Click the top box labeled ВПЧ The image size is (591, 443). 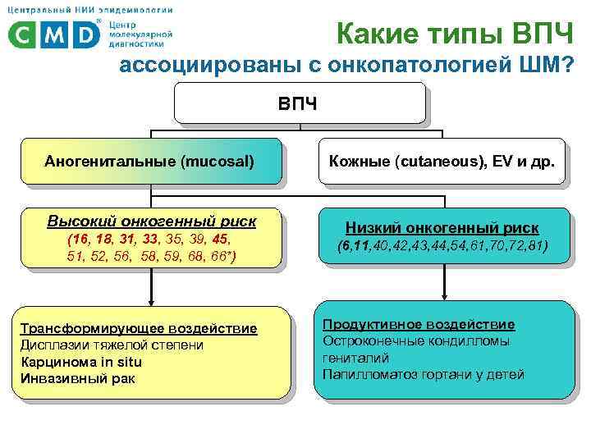click(x=300, y=104)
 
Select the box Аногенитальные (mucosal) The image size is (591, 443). click(x=149, y=160)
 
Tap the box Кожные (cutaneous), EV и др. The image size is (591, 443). click(x=441, y=160)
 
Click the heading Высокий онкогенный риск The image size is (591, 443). click(x=151, y=221)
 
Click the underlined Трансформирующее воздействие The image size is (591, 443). click(x=138, y=329)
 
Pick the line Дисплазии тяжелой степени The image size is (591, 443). click(x=112, y=345)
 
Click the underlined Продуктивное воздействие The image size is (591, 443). click(x=419, y=324)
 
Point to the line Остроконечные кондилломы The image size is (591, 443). click(x=416, y=341)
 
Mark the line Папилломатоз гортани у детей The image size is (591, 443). click(x=423, y=375)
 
